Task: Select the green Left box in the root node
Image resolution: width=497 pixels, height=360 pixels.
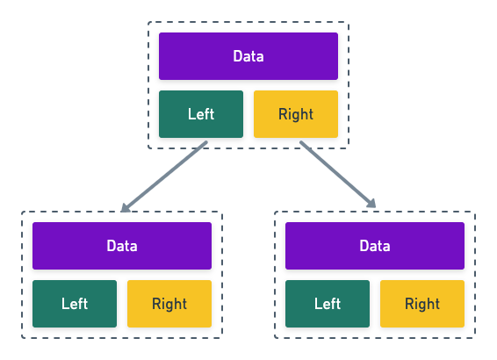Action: tap(201, 114)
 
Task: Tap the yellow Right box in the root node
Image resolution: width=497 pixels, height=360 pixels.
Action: tap(296, 114)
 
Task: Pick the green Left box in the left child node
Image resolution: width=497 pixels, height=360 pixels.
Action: tap(75, 304)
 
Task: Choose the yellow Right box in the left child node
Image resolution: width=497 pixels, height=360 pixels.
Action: tap(169, 304)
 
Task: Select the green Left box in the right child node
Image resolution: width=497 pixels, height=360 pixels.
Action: tap(328, 304)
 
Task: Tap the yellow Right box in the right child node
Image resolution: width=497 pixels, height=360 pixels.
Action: tap(422, 304)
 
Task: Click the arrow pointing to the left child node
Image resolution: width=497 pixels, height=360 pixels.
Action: tap(165, 176)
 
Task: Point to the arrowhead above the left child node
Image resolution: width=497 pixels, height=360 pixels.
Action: tap(125, 208)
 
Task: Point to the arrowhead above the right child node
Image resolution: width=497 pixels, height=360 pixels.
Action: tap(372, 205)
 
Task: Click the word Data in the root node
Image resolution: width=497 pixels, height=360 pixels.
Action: tap(248, 56)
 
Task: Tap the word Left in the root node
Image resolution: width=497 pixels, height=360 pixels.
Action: tap(201, 114)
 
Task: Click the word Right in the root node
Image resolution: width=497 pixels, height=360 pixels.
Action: tap(296, 114)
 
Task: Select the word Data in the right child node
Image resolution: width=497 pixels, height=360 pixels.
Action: tap(375, 246)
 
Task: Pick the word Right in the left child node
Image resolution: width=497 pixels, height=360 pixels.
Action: tap(169, 304)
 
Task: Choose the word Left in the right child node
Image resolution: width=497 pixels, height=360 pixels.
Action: tap(328, 304)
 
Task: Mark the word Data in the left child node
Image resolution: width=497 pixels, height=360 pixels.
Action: tap(122, 246)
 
